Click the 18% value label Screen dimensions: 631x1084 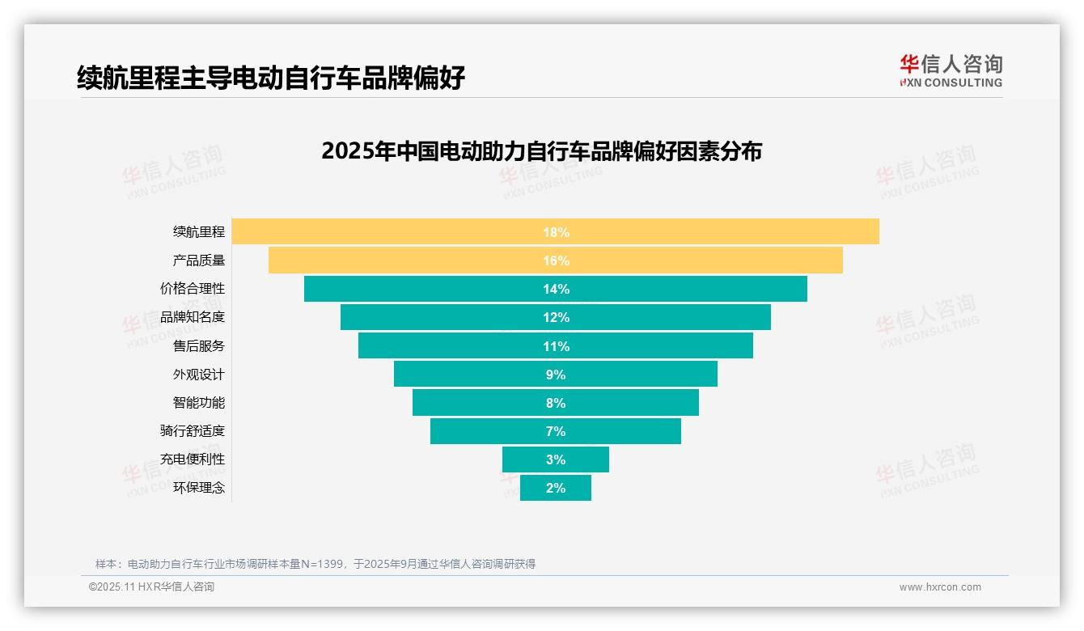tap(556, 232)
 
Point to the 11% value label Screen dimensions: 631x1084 tap(556, 346)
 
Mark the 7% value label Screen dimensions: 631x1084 tap(556, 431)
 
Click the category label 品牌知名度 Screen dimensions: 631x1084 tap(193, 317)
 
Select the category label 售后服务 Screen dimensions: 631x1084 tap(199, 345)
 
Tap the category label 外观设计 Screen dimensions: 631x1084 tap(199, 375)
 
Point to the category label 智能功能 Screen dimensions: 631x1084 tap(199, 402)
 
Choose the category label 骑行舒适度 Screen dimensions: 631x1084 tap(193, 430)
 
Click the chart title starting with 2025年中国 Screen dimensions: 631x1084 tap(541, 151)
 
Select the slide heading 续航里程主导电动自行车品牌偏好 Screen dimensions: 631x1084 tap(271, 78)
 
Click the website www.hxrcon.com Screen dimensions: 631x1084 tap(940, 587)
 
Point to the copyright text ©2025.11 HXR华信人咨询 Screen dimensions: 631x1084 tap(151, 587)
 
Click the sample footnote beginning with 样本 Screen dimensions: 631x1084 tap(315, 564)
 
